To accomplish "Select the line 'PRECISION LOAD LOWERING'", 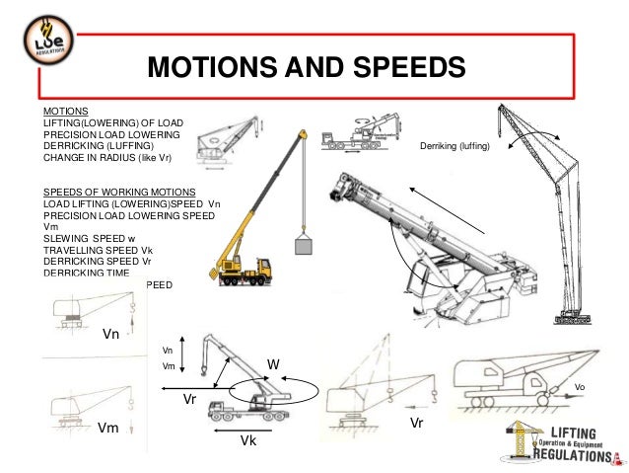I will (x=110, y=134).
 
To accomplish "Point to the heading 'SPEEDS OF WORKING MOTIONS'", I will (x=118, y=191).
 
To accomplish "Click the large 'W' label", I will (x=275, y=365).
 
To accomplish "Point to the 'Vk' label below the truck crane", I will (x=248, y=441).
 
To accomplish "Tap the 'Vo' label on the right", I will (x=580, y=388).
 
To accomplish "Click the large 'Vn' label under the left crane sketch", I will (x=112, y=334).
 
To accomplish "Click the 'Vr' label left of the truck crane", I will (x=191, y=400).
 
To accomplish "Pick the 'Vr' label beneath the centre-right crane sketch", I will (x=417, y=423).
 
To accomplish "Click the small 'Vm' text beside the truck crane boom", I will (x=168, y=365).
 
